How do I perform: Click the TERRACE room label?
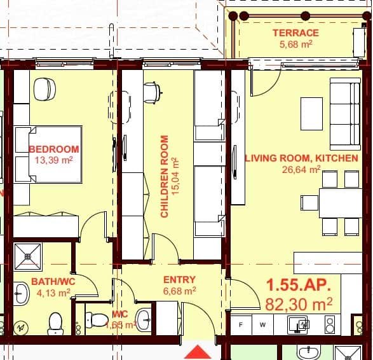point(295,33)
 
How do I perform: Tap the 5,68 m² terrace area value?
point(295,45)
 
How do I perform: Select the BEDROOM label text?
point(54,149)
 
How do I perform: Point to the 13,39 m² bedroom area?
point(54,160)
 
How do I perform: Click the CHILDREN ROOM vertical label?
point(165,176)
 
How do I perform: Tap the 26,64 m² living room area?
point(301,169)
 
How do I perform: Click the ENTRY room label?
point(179,279)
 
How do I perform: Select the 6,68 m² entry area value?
point(179,291)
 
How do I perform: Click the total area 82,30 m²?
point(299,305)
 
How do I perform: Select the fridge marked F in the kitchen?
point(241,324)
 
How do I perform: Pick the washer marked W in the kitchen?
point(262,324)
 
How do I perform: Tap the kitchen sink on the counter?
point(298,324)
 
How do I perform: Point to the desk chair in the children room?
point(151,92)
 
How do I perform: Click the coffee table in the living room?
point(311,113)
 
